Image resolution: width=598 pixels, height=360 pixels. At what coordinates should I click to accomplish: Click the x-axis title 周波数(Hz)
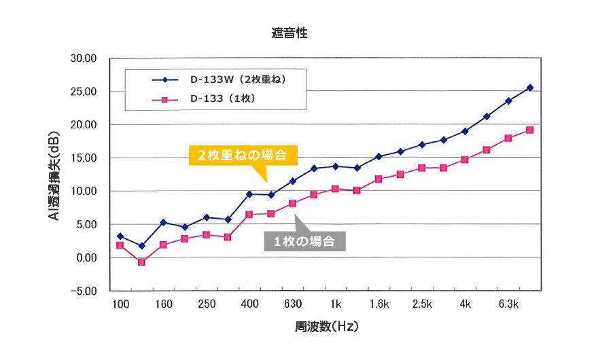[326, 326]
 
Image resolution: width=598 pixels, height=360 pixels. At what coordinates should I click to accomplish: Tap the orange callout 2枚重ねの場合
[243, 155]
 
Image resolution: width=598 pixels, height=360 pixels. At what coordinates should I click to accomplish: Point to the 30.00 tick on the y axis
[84, 58]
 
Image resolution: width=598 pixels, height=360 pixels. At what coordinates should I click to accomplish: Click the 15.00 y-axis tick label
[84, 158]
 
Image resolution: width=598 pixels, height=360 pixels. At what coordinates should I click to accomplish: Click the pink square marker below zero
[141, 262]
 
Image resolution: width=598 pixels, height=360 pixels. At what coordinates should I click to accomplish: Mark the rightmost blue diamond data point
[530, 88]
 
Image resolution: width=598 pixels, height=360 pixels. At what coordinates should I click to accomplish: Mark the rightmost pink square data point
[530, 130]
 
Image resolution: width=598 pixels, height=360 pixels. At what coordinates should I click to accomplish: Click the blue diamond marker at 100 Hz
[120, 236]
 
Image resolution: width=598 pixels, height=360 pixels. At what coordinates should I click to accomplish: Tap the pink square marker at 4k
[465, 160]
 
